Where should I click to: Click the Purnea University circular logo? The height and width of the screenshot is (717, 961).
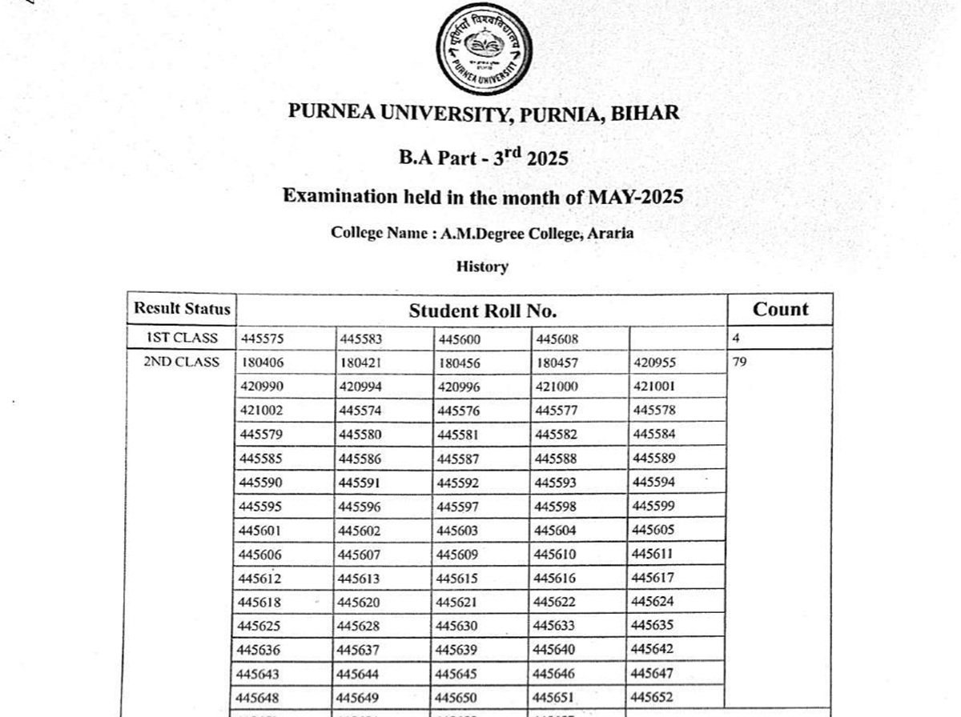pyautogui.click(x=483, y=49)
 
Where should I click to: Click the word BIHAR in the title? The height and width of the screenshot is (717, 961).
pyautogui.click(x=645, y=113)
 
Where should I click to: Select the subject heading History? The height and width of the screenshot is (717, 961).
pyautogui.click(x=482, y=266)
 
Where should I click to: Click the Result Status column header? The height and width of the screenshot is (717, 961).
pyautogui.click(x=182, y=309)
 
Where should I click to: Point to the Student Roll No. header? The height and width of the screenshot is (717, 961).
pyautogui.click(x=482, y=310)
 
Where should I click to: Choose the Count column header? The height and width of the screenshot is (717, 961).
pyautogui.click(x=780, y=310)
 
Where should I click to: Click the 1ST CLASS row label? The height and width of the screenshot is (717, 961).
pyautogui.click(x=181, y=338)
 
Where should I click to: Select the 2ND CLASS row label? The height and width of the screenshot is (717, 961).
pyautogui.click(x=181, y=362)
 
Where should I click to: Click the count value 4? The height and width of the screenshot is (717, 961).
pyautogui.click(x=736, y=338)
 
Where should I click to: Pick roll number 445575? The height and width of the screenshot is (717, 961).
pyautogui.click(x=262, y=338)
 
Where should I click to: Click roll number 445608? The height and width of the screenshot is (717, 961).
pyautogui.click(x=557, y=338)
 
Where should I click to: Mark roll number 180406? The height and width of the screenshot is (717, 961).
pyautogui.click(x=262, y=363)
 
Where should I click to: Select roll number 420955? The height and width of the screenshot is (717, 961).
pyautogui.click(x=654, y=363)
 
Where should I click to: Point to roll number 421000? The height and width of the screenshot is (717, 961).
pyautogui.click(x=557, y=387)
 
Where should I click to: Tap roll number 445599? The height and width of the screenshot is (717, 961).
pyautogui.click(x=653, y=506)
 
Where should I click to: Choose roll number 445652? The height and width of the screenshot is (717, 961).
pyautogui.click(x=653, y=697)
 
